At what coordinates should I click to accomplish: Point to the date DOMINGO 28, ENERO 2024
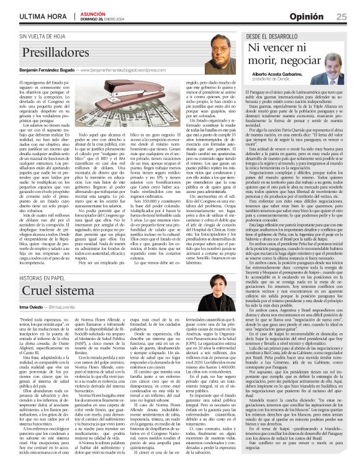coord(101,19)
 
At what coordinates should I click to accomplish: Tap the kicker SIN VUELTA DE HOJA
coord(44,37)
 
